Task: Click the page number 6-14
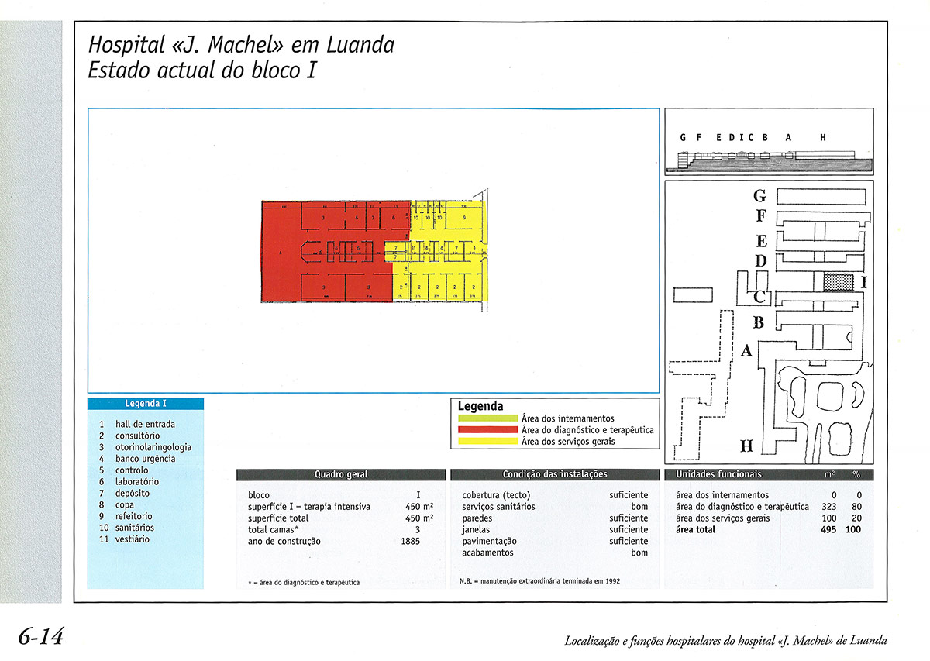(x=40, y=637)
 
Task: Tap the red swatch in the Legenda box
(x=487, y=430)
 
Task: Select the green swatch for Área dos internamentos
(x=487, y=418)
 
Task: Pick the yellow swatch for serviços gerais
(x=487, y=441)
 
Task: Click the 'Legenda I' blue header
(x=146, y=404)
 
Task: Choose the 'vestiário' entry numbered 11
(x=133, y=539)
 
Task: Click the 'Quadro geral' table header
(x=341, y=474)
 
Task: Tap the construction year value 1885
(x=411, y=542)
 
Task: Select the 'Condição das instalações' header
(x=555, y=474)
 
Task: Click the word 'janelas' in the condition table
(x=476, y=530)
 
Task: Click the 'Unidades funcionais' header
(x=718, y=474)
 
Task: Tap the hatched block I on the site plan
(x=838, y=282)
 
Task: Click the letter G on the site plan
(x=760, y=196)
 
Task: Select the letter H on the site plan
(x=746, y=446)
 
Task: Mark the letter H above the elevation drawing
(x=823, y=138)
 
